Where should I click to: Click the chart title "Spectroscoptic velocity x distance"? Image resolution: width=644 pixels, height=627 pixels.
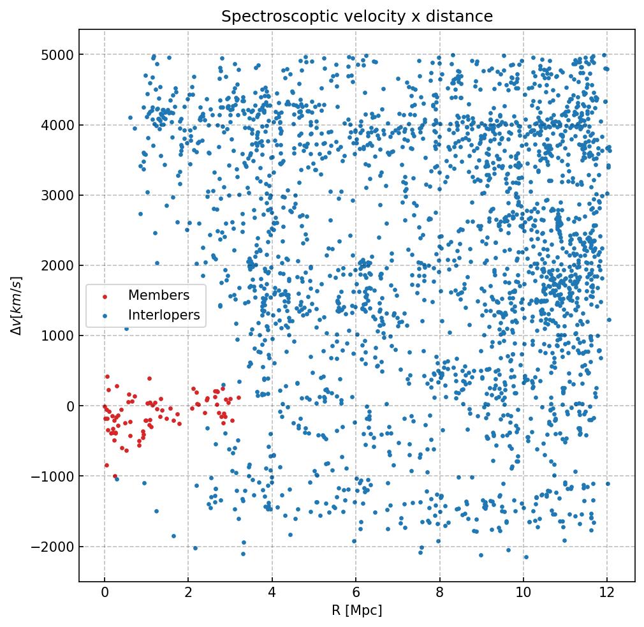357,17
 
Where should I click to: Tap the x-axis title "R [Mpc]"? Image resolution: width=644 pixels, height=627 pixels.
357,610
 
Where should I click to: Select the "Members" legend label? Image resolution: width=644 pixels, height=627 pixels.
159,295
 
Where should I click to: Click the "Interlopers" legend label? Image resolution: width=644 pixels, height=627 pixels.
164,315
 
